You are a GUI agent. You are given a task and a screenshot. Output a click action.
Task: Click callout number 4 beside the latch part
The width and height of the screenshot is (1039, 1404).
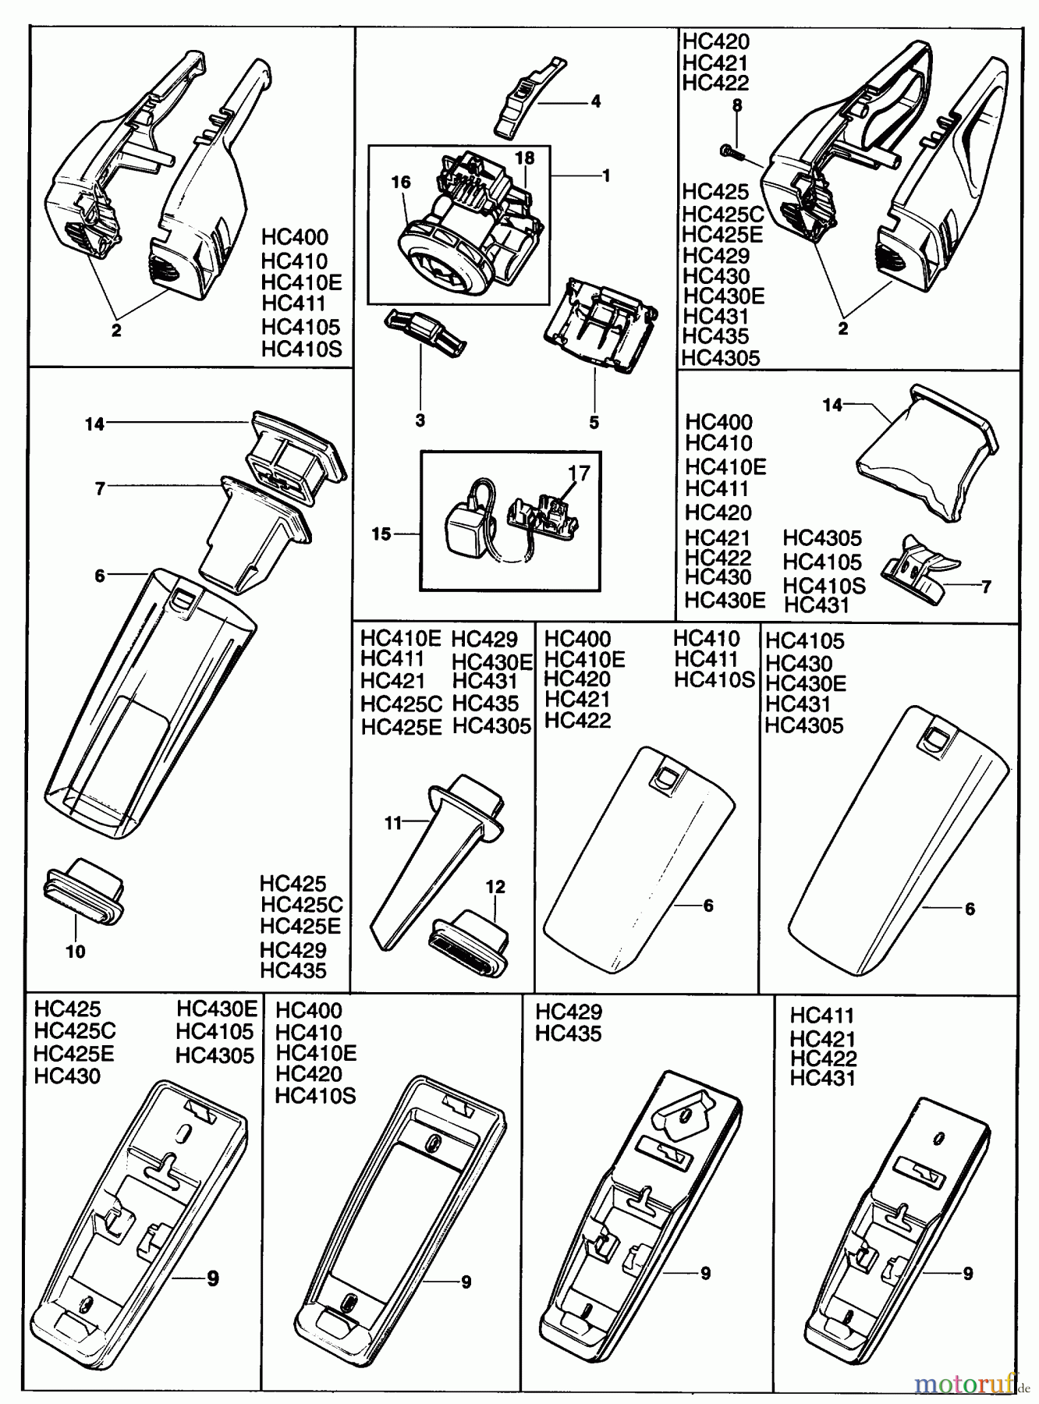pyautogui.click(x=595, y=101)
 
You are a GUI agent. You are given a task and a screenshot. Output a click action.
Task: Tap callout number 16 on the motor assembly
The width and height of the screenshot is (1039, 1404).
pyautogui.click(x=401, y=183)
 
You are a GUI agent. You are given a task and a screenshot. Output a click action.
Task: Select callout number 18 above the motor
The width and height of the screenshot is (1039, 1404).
pyautogui.click(x=525, y=158)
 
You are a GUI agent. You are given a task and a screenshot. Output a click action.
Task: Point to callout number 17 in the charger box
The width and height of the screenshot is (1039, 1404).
pyautogui.click(x=580, y=473)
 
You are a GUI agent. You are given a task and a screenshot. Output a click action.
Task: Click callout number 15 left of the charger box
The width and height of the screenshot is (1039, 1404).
pyautogui.click(x=381, y=534)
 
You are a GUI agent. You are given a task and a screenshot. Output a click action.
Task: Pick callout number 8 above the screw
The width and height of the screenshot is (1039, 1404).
pyautogui.click(x=736, y=105)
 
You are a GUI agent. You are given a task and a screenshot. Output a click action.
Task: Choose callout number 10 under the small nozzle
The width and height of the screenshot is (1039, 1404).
pyautogui.click(x=76, y=952)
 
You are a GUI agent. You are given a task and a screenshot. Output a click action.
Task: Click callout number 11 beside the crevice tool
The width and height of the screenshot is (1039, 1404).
pyautogui.click(x=392, y=822)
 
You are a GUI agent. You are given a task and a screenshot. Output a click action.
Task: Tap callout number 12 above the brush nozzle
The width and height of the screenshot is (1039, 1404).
pyautogui.click(x=495, y=887)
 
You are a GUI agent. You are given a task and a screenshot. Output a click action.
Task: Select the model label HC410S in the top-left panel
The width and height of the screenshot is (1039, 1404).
pyautogui.click(x=302, y=349)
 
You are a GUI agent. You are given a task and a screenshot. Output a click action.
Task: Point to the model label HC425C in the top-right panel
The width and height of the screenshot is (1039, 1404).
pyautogui.click(x=723, y=214)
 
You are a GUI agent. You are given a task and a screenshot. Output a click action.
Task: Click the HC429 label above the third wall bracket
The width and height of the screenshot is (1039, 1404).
pyautogui.click(x=569, y=1012)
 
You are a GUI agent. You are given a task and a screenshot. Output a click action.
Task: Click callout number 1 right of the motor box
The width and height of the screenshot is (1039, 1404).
pyautogui.click(x=606, y=176)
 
